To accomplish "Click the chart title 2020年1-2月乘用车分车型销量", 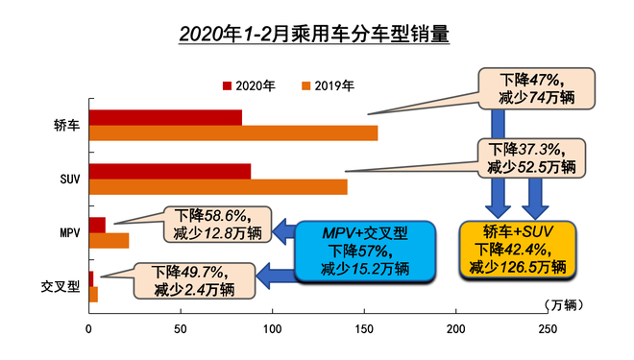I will pyautogui.click(x=314, y=36).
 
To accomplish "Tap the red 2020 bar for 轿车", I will pyautogui.click(x=164, y=117).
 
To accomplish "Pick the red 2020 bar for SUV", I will pyautogui.click(x=169, y=171).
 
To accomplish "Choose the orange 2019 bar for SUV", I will pyautogui.click(x=217, y=186).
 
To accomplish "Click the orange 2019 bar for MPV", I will pyautogui.click(x=109, y=240).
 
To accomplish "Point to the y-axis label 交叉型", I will pyautogui.click(x=61, y=287).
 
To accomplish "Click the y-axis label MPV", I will pyautogui.click(x=66, y=233).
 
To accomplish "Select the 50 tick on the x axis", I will pyautogui.click(x=180, y=330).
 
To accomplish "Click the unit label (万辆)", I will pyautogui.click(x=560, y=304).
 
